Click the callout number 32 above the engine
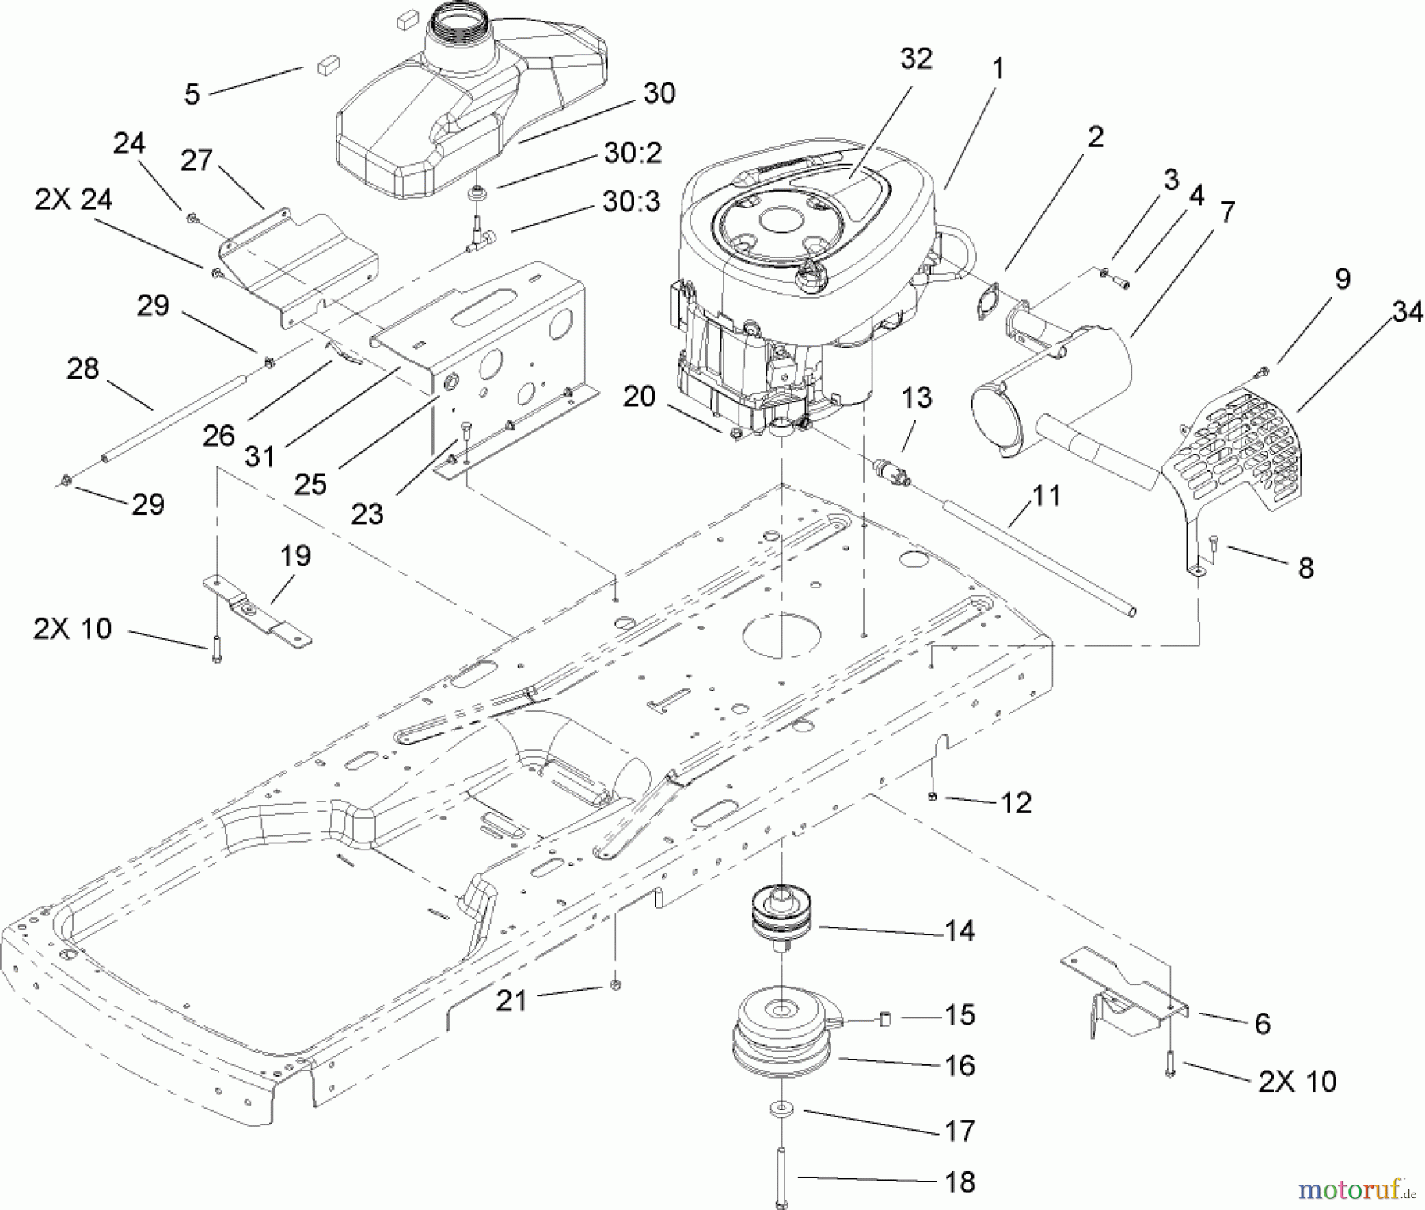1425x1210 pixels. point(916,59)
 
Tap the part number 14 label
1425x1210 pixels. point(959,931)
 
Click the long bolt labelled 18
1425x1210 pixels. point(781,1177)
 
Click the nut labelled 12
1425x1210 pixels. point(933,795)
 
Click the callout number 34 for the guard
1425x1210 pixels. point(1408,314)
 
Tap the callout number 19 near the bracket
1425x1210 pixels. point(296,556)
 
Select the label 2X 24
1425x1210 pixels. point(74,200)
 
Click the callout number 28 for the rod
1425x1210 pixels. point(83,368)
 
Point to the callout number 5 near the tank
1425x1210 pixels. point(192,94)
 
